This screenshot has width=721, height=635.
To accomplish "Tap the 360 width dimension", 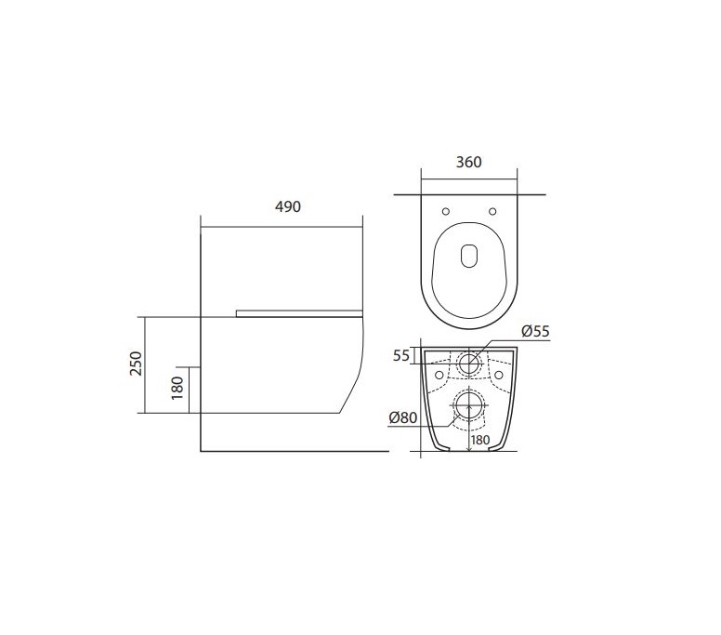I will [x=469, y=161].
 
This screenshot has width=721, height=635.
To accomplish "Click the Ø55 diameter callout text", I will [x=536, y=331].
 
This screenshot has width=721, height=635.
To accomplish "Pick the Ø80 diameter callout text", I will [x=403, y=417].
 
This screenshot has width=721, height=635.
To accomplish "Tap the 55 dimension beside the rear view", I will [x=401, y=355].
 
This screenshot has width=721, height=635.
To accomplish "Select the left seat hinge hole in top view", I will [x=445, y=208].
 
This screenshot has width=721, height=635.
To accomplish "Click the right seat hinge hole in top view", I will [x=494, y=208].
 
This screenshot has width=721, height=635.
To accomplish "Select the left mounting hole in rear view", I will [x=439, y=375].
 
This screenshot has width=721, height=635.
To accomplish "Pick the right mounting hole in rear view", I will [x=500, y=375].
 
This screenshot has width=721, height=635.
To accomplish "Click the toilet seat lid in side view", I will [x=297, y=313].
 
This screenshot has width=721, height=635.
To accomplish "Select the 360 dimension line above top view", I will [x=469, y=176].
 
